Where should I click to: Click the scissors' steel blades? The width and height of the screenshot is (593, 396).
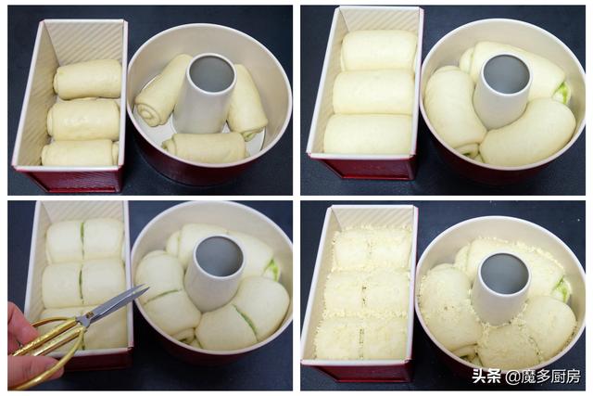pos(113,303)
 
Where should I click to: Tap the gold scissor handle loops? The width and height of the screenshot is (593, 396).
pos(49,340)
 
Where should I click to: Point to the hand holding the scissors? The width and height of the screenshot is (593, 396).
pos(27,349)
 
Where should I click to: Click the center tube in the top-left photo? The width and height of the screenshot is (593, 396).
pos(206,93)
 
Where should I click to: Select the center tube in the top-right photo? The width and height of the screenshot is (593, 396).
pos(501,91)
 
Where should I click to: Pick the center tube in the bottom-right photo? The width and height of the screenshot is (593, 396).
pos(502,288)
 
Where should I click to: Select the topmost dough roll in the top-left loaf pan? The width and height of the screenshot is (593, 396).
pos(88,79)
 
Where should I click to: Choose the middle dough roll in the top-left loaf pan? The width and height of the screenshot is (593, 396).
pos(84,120)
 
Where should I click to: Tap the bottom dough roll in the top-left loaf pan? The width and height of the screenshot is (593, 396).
pos(81,153)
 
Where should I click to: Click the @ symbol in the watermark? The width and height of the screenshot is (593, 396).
pos(512,377)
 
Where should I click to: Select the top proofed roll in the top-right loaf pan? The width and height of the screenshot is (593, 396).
pos(379,51)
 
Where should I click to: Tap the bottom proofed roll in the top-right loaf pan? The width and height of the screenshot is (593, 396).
pos(368,134)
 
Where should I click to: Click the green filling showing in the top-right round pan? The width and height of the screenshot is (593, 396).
pos(563,93)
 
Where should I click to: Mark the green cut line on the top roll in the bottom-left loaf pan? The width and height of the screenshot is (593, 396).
pos(82,239)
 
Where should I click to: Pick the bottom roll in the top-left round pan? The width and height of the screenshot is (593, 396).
pos(205,147)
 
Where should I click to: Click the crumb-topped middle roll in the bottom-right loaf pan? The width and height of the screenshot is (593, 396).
pos(365,293)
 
